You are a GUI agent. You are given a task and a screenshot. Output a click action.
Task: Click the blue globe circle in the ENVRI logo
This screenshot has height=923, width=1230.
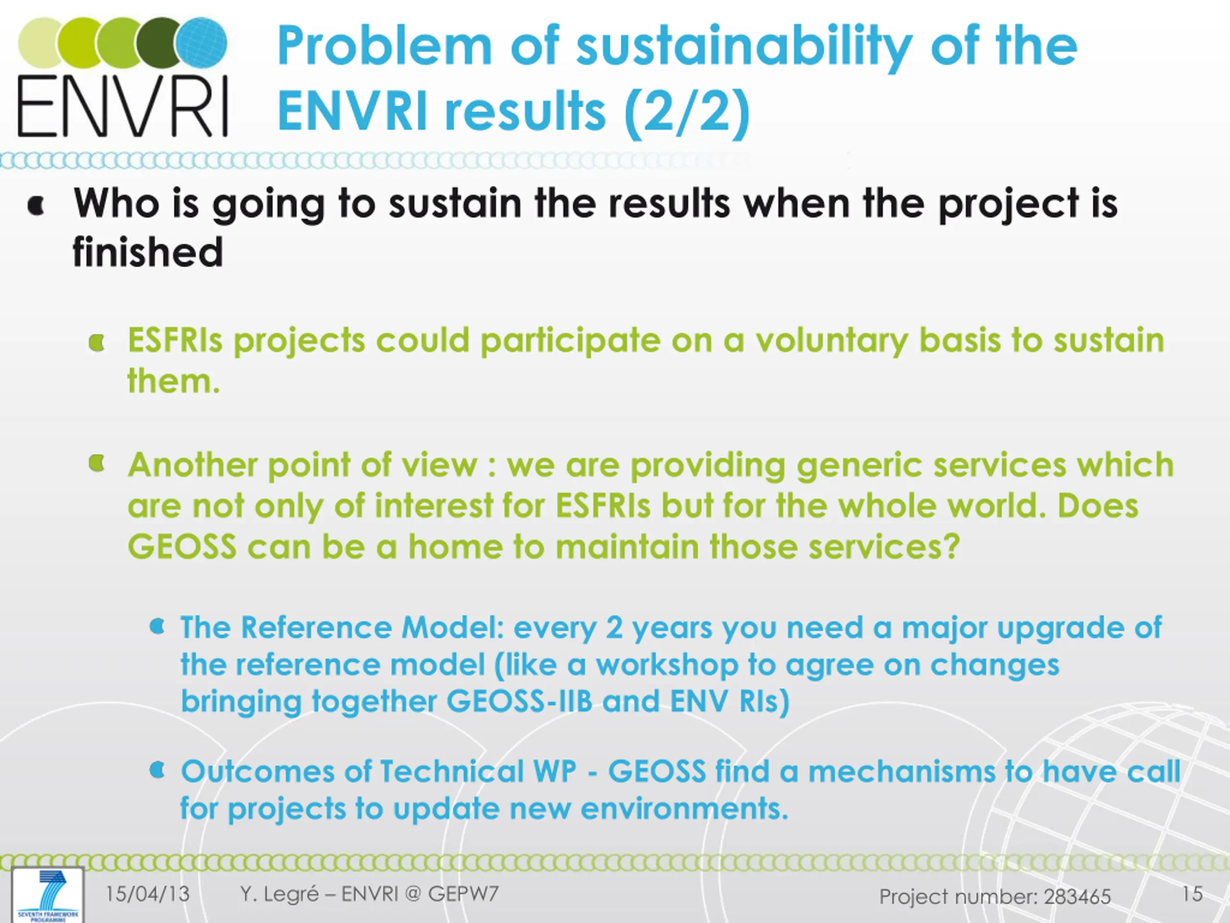(x=202, y=42)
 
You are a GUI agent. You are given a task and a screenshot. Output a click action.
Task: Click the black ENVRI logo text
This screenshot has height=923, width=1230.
(x=123, y=106)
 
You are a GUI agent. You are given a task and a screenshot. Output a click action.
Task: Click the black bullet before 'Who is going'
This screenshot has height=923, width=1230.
(x=36, y=206)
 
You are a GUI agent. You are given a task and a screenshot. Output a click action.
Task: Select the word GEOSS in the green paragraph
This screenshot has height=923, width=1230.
(x=182, y=547)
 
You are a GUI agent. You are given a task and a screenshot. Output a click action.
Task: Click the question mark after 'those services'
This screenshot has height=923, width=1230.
(x=952, y=547)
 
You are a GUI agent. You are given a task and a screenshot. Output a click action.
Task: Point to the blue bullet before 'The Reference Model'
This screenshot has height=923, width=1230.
(x=158, y=627)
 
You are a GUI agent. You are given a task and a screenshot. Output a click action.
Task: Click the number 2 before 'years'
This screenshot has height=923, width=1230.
(x=614, y=627)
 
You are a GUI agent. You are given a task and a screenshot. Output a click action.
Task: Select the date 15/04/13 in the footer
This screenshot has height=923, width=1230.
(x=148, y=894)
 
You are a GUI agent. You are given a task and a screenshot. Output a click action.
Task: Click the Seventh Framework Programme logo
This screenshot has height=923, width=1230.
(x=48, y=895)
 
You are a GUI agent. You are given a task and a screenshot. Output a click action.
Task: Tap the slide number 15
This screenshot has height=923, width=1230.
(x=1192, y=894)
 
